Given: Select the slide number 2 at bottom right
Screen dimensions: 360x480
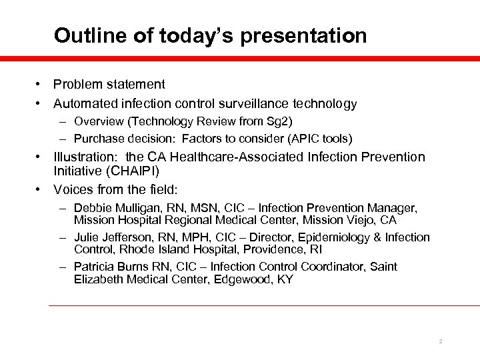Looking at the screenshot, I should [x=441, y=341].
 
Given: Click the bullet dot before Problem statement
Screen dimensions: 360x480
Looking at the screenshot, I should [x=41, y=85].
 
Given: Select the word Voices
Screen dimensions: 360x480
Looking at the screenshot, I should [x=72, y=187].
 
